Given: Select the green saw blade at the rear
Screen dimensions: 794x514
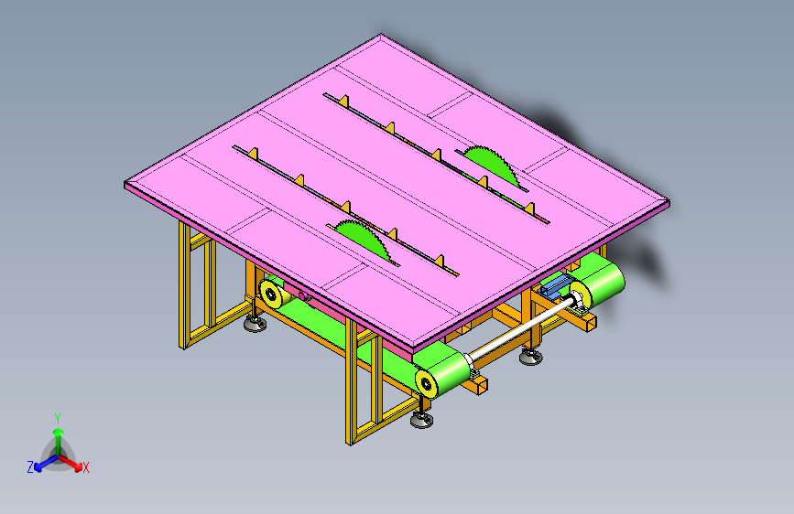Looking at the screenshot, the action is click(491, 166).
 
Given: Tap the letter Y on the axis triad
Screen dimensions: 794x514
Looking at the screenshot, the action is click(58, 419).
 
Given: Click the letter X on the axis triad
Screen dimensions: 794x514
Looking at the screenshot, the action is click(86, 467).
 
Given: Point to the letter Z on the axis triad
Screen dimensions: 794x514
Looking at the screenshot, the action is click(30, 467).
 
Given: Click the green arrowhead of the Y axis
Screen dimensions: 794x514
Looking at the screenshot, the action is click(59, 432).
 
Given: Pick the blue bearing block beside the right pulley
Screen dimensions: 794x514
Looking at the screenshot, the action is click(555, 286).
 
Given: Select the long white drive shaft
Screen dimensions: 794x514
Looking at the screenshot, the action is click(522, 329).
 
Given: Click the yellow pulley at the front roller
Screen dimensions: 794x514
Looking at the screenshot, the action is click(427, 383).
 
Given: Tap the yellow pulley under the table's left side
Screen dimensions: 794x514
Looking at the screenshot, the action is click(270, 293).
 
